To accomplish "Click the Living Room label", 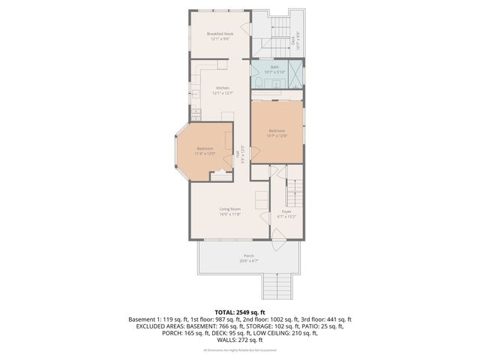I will (229, 208).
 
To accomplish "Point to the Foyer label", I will (286, 212).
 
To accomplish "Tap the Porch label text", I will (248, 256).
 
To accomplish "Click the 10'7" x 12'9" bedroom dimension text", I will (277, 136).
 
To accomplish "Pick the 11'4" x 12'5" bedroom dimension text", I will (205, 154).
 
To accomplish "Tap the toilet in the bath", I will (256, 81).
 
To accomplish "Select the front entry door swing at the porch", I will (277, 241).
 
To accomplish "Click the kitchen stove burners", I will (195, 94).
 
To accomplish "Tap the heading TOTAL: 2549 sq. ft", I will (240, 311).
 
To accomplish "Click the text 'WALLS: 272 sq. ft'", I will (240, 340).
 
